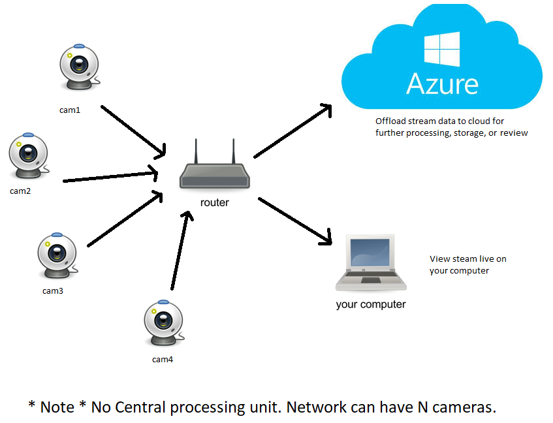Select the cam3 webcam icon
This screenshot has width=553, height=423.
point(57,255)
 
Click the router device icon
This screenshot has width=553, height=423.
point(215,170)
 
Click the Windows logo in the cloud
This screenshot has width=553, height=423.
point(441,49)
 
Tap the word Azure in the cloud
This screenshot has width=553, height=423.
point(442,84)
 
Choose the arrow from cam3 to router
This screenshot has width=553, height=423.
point(124,219)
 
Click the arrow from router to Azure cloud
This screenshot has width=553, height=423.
point(293,131)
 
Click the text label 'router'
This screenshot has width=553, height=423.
point(214,202)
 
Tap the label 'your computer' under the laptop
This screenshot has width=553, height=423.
point(370,304)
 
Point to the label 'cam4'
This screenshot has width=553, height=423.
point(163,359)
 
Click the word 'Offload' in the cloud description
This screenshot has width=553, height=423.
point(391,121)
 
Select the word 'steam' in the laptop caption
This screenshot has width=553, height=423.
point(464,259)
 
